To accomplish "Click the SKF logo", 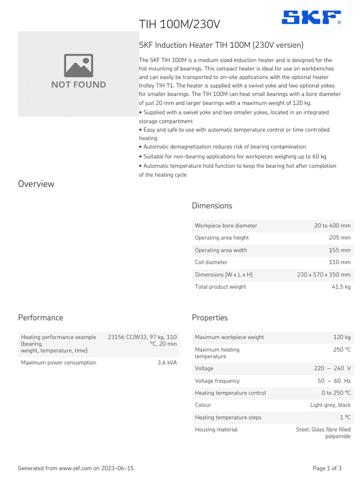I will click(311, 18).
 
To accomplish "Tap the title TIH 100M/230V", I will click(179, 24).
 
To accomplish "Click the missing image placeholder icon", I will click(78, 66).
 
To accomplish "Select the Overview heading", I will click(36, 184).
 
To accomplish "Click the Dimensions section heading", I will click(212, 206).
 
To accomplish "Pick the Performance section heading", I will click(40, 317).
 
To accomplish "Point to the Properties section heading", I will click(210, 317).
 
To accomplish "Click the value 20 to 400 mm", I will click(332, 225).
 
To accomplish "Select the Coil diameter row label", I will click(211, 262).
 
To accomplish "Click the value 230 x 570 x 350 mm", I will click(323, 274).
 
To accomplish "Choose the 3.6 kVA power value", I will click(167, 362).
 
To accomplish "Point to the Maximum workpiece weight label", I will click(229, 337).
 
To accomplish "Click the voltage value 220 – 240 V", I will click(332, 368).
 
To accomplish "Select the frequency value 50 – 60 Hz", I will click(334, 381).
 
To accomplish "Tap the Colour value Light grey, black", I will click(330, 405).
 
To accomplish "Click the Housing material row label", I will click(216, 429).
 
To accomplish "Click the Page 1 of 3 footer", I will click(327, 468).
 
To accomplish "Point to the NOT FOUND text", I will click(78, 85).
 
